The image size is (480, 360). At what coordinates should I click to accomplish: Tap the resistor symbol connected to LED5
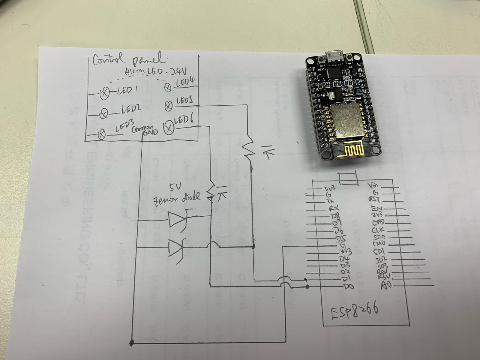(247, 149)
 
